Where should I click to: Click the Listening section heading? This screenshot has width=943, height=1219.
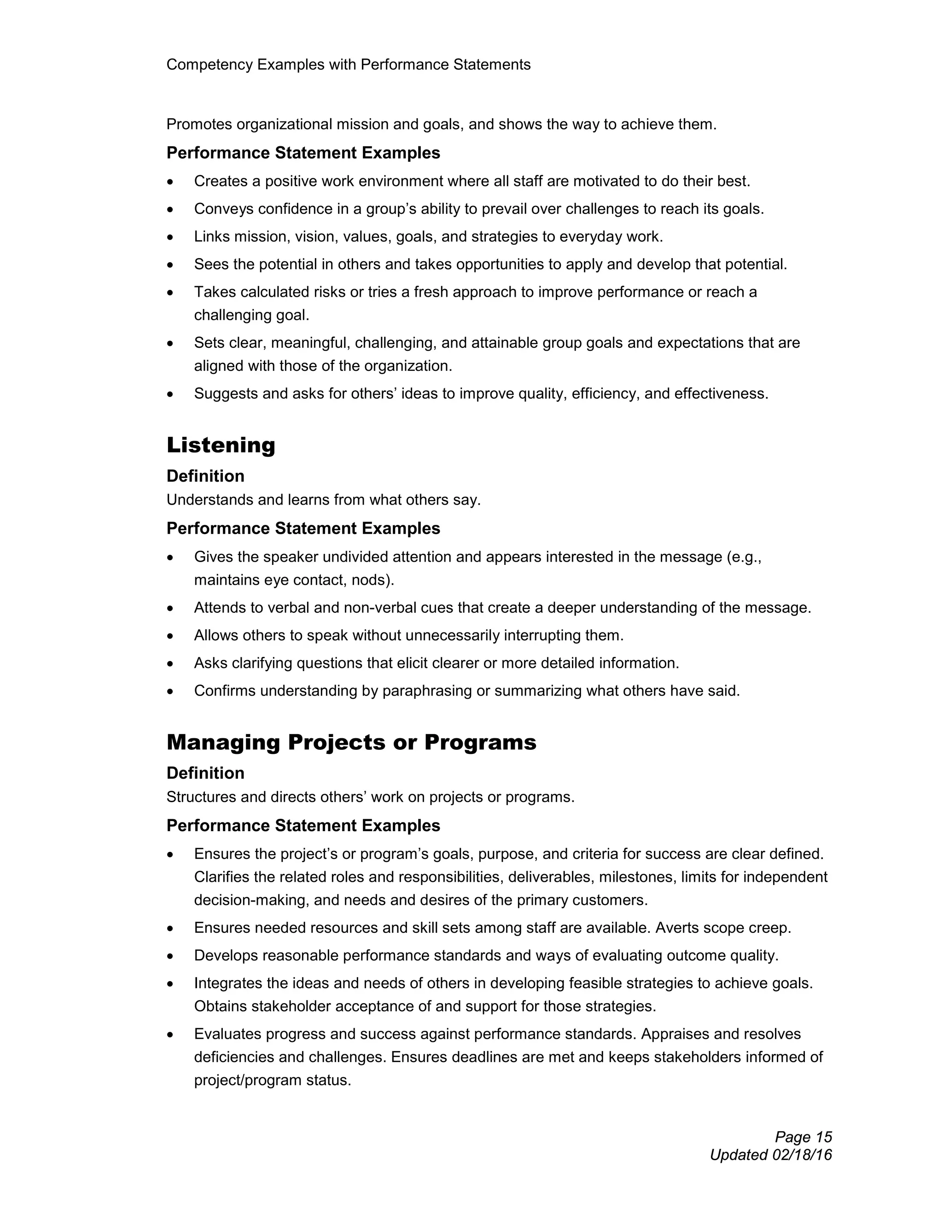tap(221, 445)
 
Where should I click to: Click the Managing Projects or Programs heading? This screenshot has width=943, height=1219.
tap(351, 742)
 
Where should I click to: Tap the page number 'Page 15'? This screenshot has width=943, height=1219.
tap(803, 1137)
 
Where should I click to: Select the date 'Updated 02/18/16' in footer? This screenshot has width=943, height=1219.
tap(770, 1155)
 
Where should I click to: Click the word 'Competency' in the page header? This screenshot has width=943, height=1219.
tap(210, 65)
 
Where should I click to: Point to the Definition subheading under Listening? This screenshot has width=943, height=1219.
tap(205, 476)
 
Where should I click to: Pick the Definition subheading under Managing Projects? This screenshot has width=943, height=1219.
tap(205, 773)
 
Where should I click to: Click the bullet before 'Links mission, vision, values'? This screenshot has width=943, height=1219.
tap(170, 238)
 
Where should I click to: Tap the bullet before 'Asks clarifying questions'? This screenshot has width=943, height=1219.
tap(170, 664)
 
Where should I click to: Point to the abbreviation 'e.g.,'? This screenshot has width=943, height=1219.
tap(746, 557)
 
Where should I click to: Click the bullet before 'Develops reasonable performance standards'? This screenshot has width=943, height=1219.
tap(170, 957)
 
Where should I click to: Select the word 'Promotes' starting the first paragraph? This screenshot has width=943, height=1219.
tap(199, 125)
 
